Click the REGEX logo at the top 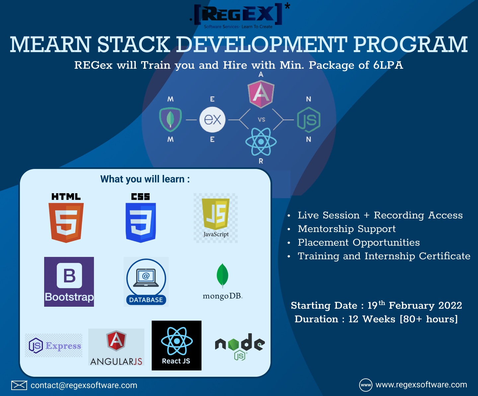238,15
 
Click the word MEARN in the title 50,44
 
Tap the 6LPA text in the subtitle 388,65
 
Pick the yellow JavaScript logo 216,218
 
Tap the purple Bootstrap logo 69,281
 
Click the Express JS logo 54,346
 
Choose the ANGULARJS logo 116,347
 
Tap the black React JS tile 177,345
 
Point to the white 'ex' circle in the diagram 212,119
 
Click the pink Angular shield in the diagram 261,94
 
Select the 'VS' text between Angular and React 262,119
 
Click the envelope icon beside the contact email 19,385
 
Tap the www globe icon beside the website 366,385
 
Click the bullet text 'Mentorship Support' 347,229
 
